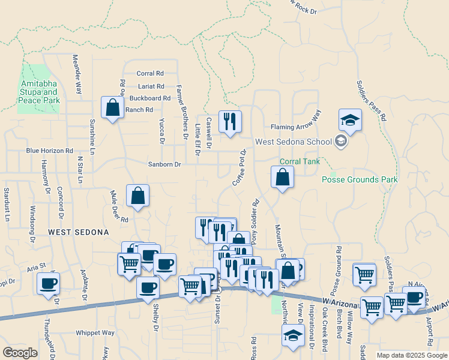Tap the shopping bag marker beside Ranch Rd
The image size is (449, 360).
[112, 108]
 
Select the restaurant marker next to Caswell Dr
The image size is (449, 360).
[230, 122]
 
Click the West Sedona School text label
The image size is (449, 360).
[294, 142]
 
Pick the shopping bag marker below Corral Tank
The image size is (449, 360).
[282, 178]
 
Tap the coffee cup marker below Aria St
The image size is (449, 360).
[48, 284]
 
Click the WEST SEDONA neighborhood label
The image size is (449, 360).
[79, 232]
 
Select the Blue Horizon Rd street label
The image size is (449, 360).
[49, 151]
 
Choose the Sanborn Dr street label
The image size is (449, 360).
[164, 164]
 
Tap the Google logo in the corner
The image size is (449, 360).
[20, 353]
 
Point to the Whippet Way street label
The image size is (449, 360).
[95, 332]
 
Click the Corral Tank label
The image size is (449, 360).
[300, 162]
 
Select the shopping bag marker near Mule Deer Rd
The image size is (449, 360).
[137, 196]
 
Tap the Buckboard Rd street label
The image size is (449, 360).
[150, 98]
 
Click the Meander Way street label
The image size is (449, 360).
[77, 74]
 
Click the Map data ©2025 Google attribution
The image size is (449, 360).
[411, 355]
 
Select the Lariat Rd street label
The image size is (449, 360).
[151, 86]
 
